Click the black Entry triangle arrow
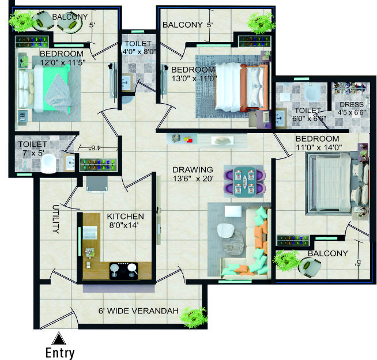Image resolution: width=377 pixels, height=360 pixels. pyautogui.click(x=59, y=339)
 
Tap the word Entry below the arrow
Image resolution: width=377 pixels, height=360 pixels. pyautogui.click(x=60, y=353)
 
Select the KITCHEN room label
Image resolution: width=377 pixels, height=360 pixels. pyautogui.click(x=125, y=217)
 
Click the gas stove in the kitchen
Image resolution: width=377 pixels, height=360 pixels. pyautogui.click(x=124, y=271)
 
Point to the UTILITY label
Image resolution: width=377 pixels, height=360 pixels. pyautogui.click(x=55, y=219)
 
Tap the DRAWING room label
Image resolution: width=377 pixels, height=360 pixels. pyautogui.click(x=193, y=170)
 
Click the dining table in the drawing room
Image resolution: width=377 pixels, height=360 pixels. pyautogui.click(x=244, y=181)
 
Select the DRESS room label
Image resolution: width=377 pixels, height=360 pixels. pyautogui.click(x=352, y=104)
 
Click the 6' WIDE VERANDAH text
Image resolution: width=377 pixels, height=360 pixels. pyautogui.click(x=138, y=311)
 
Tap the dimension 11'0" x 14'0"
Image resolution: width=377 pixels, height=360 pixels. pyautogui.click(x=319, y=147)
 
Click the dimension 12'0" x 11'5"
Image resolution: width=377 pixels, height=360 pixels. pyautogui.click(x=63, y=62)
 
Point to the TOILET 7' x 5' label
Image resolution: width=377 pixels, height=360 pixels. pyautogui.click(x=33, y=148)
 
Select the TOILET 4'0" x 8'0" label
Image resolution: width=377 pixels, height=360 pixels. pyautogui.click(x=139, y=47)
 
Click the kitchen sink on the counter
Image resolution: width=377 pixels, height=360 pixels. pyautogui.click(x=90, y=232)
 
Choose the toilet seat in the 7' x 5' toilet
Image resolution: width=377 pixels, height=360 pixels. pyautogui.click(x=50, y=163)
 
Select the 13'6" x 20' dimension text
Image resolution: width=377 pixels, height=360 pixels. pyautogui.click(x=193, y=179)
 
